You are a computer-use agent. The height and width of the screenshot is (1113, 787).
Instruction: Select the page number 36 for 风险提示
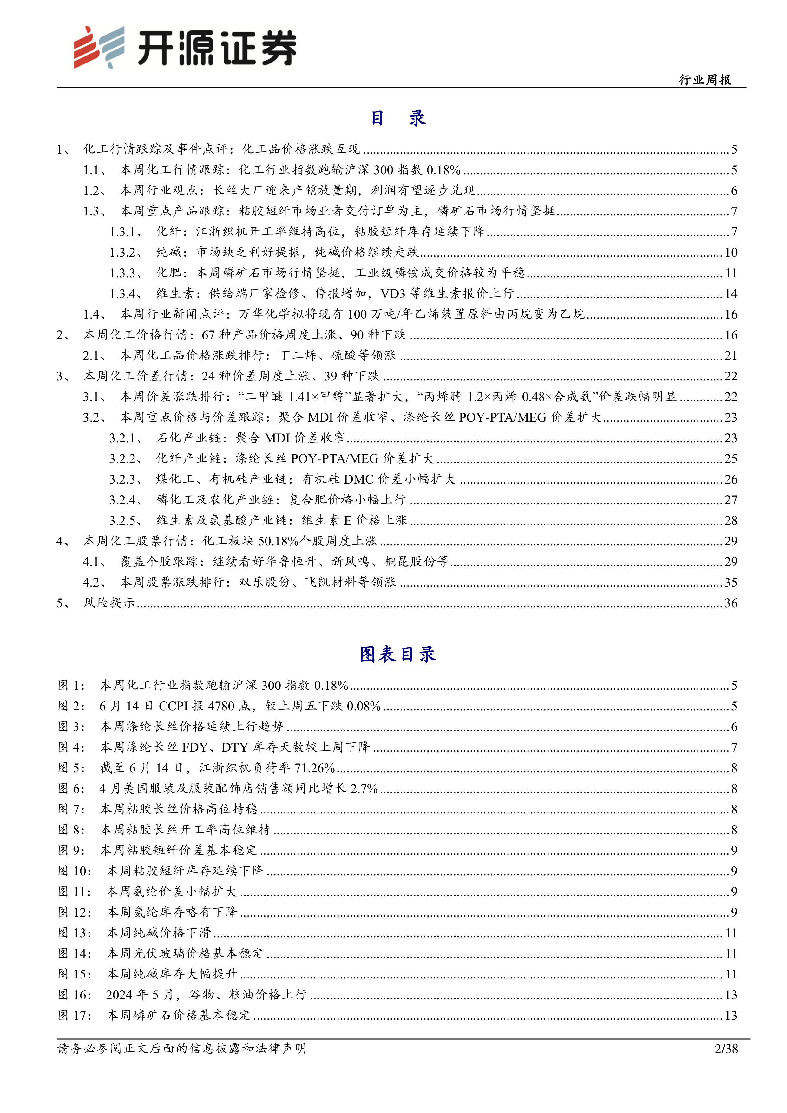[730, 603]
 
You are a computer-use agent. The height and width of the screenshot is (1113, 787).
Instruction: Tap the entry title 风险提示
[109, 603]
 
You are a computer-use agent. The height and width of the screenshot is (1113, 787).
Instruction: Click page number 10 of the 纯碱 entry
[730, 253]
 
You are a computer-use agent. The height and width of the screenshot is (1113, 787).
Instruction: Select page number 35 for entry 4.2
[730, 582]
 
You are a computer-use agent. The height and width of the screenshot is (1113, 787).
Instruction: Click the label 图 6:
[71, 789]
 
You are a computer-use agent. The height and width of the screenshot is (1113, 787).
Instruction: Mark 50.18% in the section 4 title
[278, 541]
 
